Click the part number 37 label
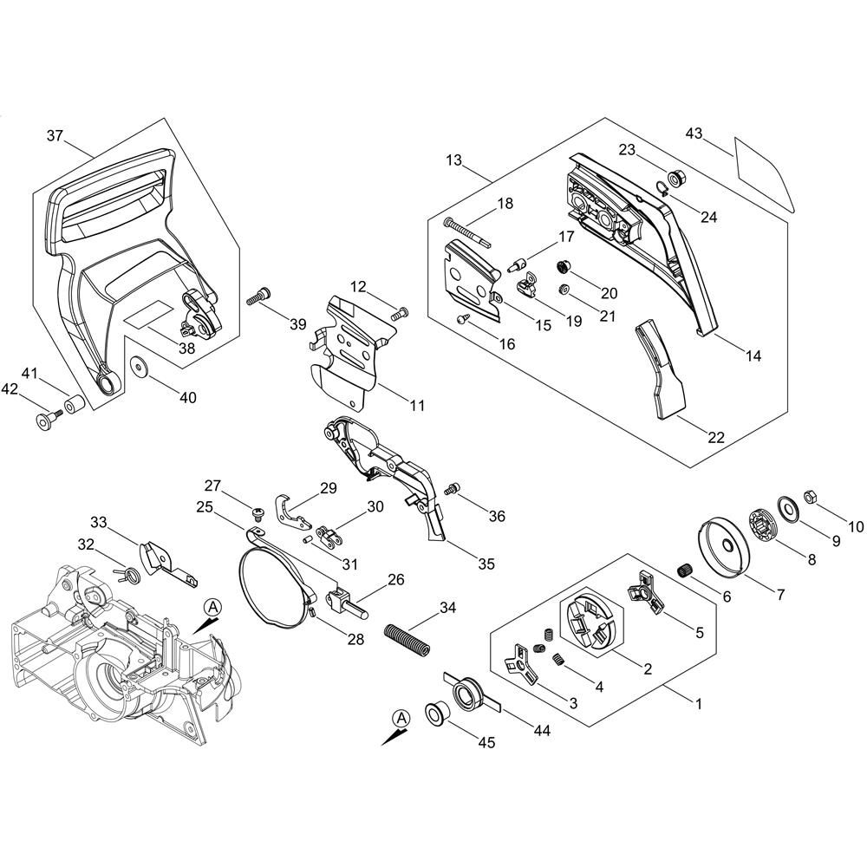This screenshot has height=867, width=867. coord(55,135)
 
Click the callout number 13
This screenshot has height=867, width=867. coord(454,160)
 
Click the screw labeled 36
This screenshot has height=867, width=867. coord(450,491)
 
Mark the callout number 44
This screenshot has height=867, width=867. coord(541,731)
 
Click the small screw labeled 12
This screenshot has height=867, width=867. coord(401,312)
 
